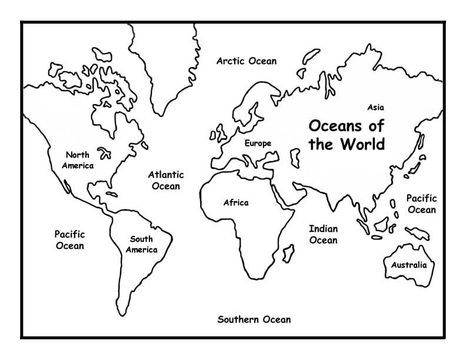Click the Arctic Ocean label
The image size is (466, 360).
(246, 61)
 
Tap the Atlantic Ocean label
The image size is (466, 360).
(165, 180)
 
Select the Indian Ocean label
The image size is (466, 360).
(323, 234)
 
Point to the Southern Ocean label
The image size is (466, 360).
(254, 319)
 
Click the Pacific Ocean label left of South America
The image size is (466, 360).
(69, 239)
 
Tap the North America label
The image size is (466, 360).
(79, 160)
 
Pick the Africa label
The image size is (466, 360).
(235, 203)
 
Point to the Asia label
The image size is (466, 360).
(375, 108)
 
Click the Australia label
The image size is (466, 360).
(408, 265)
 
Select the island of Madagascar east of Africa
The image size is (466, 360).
(289, 254)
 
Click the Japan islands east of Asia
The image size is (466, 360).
(420, 154)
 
